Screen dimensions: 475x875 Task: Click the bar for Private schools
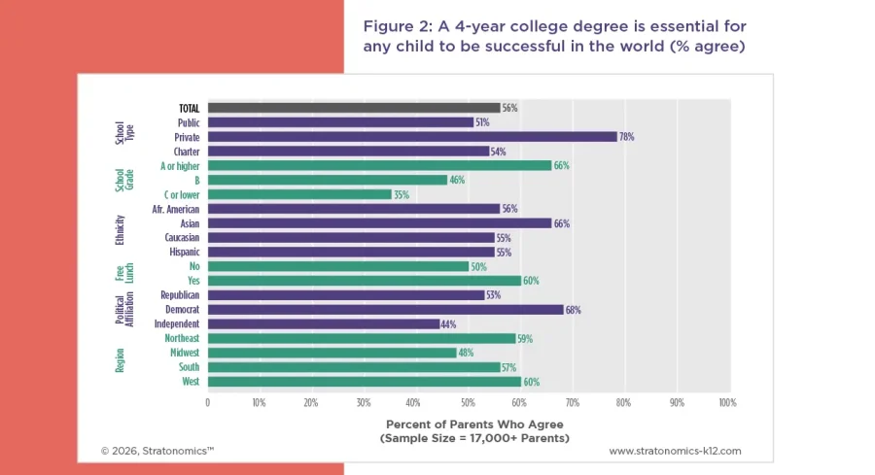click(412, 137)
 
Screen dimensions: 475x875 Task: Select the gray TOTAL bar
click(353, 108)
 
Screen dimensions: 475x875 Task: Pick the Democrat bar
click(385, 310)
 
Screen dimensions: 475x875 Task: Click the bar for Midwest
click(332, 353)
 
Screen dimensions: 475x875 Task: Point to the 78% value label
click(627, 137)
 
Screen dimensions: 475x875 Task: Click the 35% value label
click(401, 194)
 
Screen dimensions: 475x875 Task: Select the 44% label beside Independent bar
click(449, 323)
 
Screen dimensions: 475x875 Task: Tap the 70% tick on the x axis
click(573, 402)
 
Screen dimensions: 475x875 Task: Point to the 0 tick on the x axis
click(207, 402)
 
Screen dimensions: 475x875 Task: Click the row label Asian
click(190, 223)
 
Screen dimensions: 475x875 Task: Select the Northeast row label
click(181, 338)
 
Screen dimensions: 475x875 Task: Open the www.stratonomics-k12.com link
click(675, 451)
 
